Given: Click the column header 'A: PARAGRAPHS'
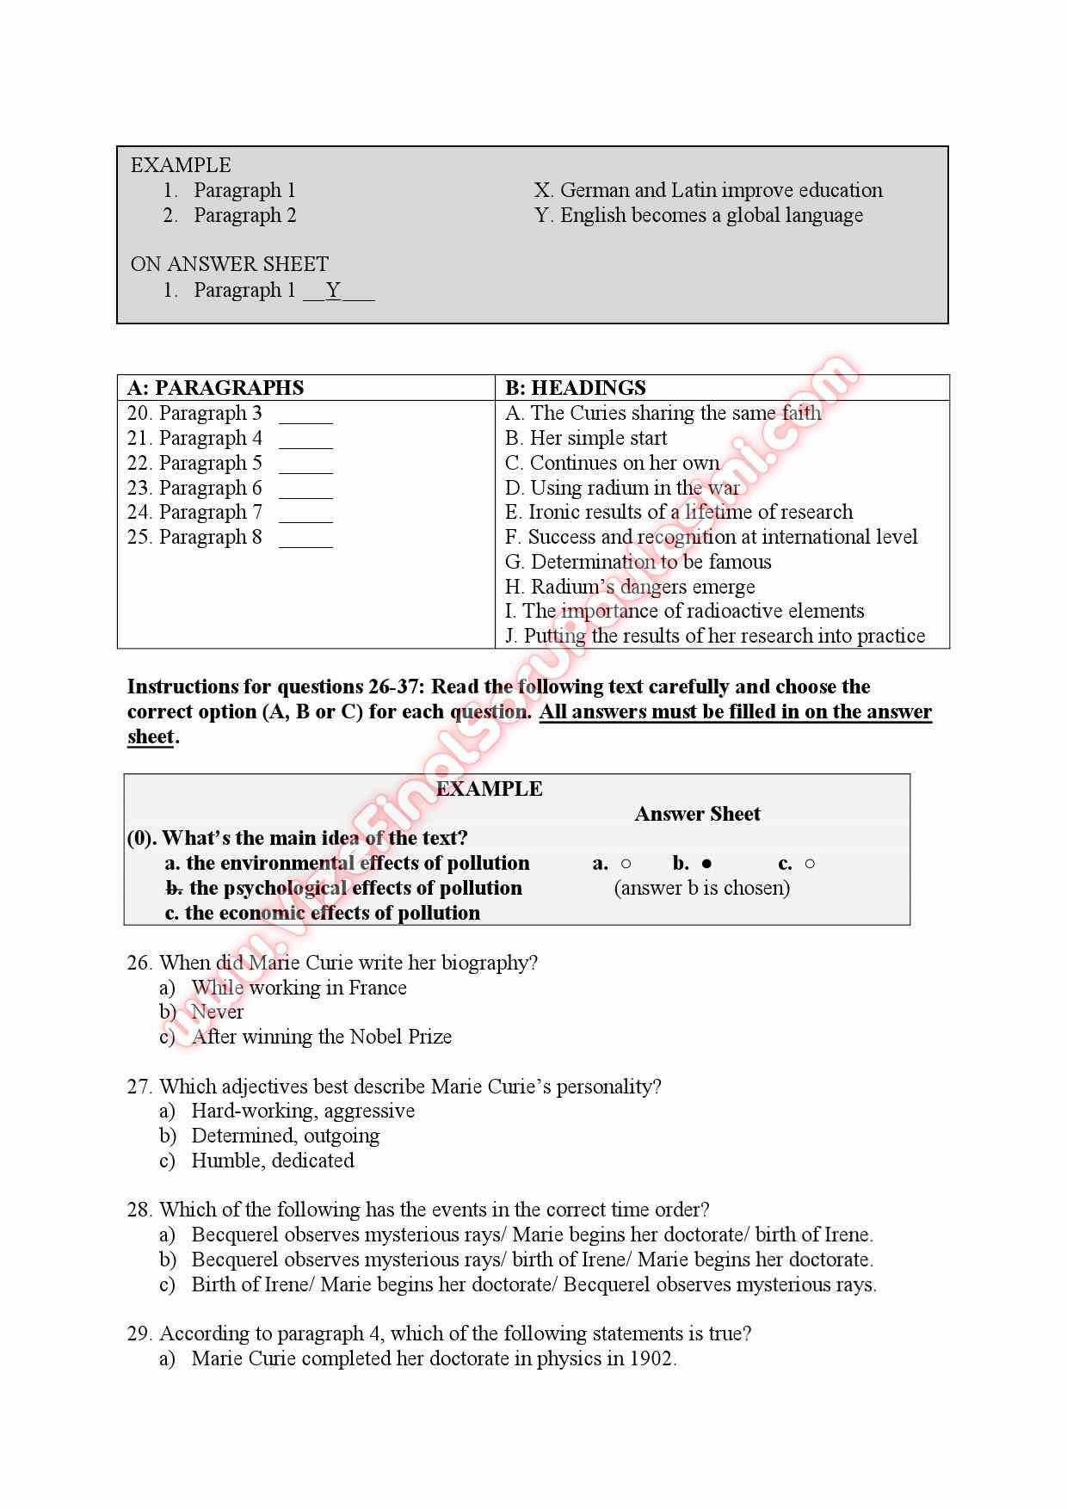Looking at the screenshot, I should click(215, 388).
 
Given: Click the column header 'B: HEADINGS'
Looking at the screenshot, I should click(575, 388).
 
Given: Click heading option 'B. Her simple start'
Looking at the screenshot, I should click(585, 438).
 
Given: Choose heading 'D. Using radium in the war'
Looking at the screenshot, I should click(621, 488).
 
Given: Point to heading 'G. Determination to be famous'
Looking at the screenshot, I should click(638, 562).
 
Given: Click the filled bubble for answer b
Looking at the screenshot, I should click(706, 864).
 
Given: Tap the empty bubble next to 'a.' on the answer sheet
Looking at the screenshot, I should click(626, 864).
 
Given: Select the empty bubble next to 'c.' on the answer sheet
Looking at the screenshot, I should click(810, 864).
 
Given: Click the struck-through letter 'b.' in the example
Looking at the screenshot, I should click(173, 888).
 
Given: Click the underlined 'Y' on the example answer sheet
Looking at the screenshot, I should click(334, 291).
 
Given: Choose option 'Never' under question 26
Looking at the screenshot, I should click(217, 1012).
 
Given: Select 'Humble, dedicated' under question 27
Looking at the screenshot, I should click(272, 1161).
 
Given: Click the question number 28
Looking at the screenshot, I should click(139, 1210).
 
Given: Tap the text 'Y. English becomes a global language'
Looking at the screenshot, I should click(698, 215).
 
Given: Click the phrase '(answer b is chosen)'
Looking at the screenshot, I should click(701, 888).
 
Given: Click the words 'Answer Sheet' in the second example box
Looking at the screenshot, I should click(697, 814).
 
